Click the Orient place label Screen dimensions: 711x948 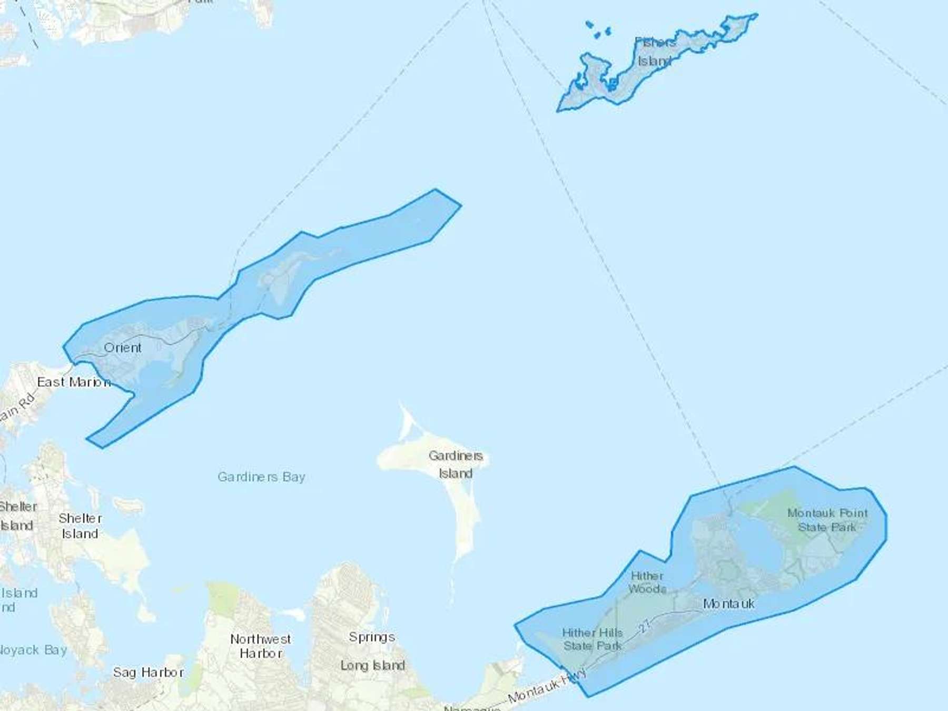coord(123,348)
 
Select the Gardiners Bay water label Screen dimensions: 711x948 coord(261,477)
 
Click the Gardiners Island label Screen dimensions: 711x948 coord(456,465)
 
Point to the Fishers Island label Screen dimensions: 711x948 coord(655,52)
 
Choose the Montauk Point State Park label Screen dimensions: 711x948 coord(827,520)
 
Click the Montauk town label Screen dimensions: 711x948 coord(729,604)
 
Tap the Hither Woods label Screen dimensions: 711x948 coord(647,582)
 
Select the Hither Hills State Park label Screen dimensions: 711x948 coord(592,639)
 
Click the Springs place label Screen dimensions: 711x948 coord(372,637)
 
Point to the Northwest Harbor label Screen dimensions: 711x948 coord(261,646)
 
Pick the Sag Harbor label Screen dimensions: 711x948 coord(149,673)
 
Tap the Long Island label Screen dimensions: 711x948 coord(372,665)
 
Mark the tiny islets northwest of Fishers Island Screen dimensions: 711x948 coord(598,31)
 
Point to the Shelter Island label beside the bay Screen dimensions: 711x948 coord(80,526)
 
